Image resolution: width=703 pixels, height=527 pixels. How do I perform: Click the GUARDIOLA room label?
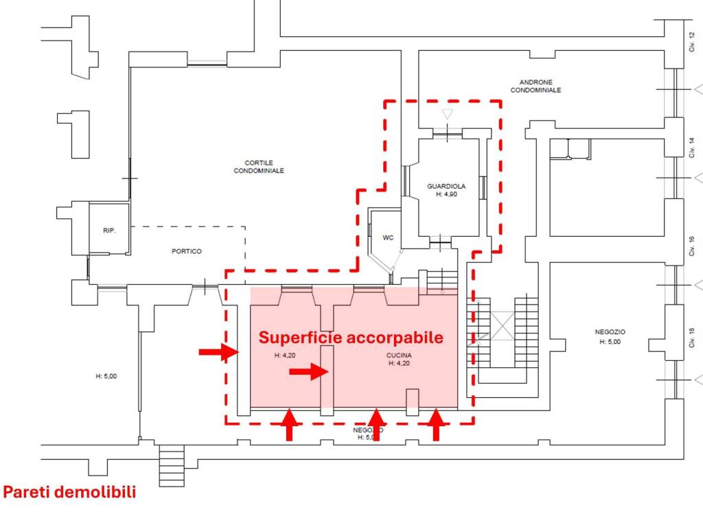[446, 186]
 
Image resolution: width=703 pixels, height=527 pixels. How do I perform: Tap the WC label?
[388, 237]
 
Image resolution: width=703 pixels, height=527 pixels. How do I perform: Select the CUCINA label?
[399, 355]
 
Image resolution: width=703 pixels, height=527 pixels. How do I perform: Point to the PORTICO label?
[187, 251]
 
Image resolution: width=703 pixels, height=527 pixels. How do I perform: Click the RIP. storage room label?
[109, 231]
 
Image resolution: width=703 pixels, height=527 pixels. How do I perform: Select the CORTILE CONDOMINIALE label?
[259, 167]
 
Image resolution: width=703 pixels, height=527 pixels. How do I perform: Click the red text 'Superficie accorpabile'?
[350, 337]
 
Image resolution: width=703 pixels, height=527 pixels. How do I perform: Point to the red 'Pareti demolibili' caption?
[69, 492]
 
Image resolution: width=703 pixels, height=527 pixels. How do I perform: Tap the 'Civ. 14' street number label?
[692, 148]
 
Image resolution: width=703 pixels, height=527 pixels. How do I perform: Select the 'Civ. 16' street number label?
[692, 245]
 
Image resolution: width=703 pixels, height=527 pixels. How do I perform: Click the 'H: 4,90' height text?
[446, 194]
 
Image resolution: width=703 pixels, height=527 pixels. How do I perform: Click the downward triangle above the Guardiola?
[447, 114]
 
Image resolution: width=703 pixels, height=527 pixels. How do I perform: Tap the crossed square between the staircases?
[501, 325]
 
